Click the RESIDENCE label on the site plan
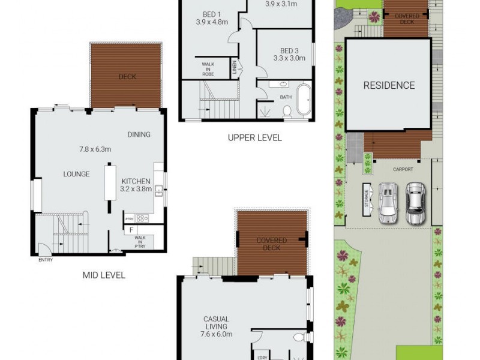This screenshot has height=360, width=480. (x=389, y=85)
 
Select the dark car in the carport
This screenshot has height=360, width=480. (x=415, y=203)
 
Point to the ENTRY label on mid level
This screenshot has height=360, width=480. (x=45, y=260)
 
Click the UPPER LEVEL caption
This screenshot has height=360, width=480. (x=254, y=137)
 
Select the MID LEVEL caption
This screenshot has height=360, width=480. (x=104, y=275)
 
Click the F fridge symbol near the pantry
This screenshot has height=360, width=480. (x=130, y=230)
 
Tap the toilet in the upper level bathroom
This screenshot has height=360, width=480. (x=287, y=110)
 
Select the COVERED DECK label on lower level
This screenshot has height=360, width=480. (x=272, y=244)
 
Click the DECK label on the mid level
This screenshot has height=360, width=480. (x=127, y=77)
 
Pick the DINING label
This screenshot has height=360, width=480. (x=139, y=134)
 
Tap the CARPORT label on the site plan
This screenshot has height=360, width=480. (x=403, y=169)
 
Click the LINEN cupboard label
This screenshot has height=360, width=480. (x=235, y=68)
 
